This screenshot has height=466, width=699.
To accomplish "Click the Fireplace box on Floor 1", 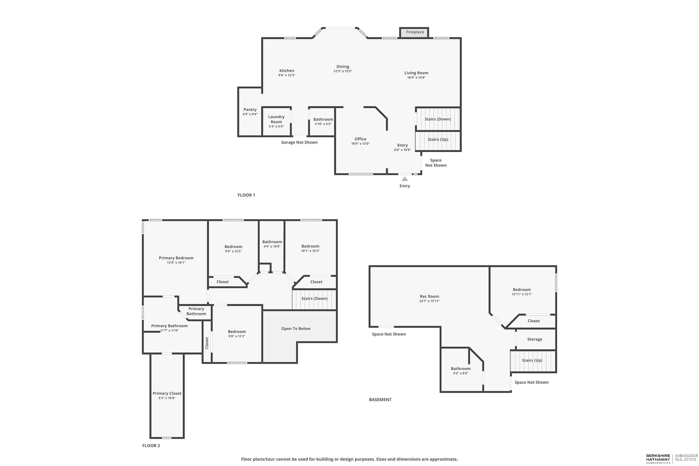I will click(x=415, y=32).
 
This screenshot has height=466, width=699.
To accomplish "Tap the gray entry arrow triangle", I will click(x=404, y=179).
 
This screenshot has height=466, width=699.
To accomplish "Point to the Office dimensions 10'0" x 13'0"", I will click(x=360, y=144).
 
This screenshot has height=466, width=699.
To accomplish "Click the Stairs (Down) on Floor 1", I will click(x=438, y=119).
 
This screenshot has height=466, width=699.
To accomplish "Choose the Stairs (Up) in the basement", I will click(x=532, y=360).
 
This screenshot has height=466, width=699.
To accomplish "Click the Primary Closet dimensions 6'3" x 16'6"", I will click(x=167, y=398).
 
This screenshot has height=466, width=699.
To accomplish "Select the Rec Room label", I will click(x=429, y=297).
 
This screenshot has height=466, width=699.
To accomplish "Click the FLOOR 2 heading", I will click(x=151, y=446).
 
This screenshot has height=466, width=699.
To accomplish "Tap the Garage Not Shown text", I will click(x=299, y=142).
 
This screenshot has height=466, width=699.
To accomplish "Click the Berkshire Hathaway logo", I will click(x=658, y=459).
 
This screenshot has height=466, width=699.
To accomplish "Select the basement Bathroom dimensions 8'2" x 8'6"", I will click(x=460, y=373).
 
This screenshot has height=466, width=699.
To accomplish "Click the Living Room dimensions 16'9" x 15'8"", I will click(x=416, y=78).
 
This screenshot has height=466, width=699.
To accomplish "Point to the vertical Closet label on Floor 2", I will click(x=207, y=343).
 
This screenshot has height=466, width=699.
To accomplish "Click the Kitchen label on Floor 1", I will click(x=287, y=71).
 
